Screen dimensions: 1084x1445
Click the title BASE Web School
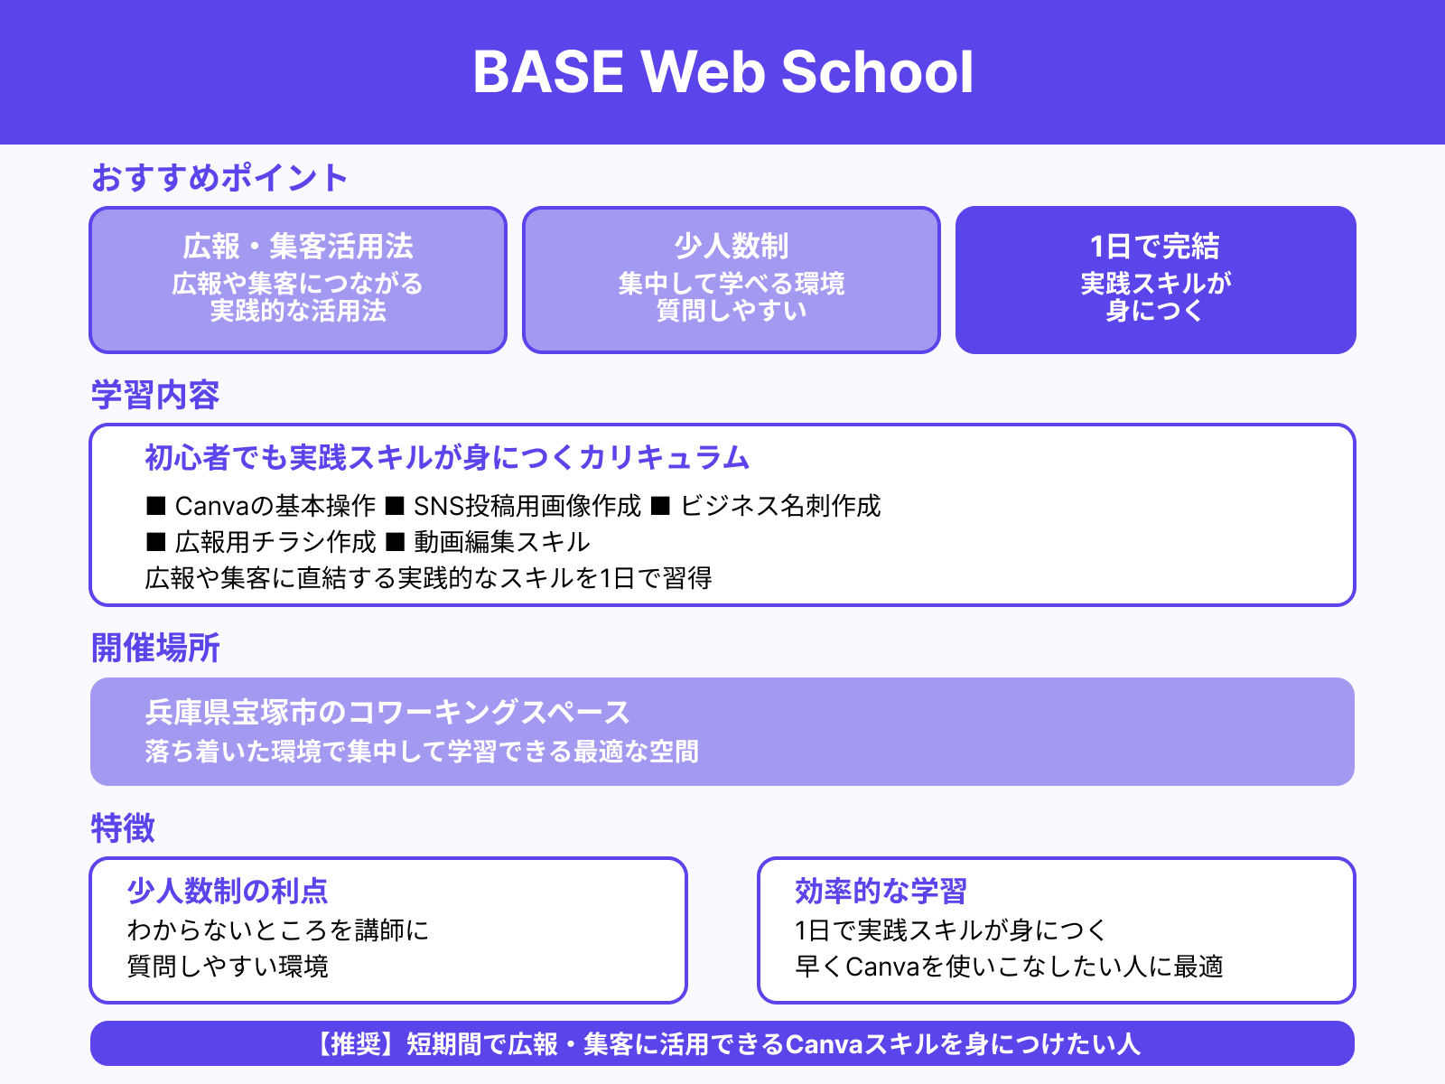(x=722, y=72)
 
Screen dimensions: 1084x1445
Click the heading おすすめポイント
(x=219, y=178)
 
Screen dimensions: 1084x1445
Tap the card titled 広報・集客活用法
(x=298, y=279)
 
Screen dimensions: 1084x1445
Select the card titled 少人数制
(x=732, y=279)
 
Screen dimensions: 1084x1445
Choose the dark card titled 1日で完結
(x=1155, y=279)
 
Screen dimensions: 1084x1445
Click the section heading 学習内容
(x=155, y=396)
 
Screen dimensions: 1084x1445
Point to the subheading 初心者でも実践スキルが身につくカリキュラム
(x=447, y=458)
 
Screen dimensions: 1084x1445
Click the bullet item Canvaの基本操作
(x=275, y=506)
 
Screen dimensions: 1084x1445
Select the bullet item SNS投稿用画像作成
(x=527, y=506)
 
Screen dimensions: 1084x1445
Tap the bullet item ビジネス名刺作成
(x=780, y=506)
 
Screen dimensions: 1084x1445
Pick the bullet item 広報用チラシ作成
(x=275, y=542)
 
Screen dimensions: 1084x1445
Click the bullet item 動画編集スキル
(x=502, y=542)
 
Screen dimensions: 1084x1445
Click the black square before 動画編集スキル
(x=395, y=542)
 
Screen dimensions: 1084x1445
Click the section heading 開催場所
(x=155, y=649)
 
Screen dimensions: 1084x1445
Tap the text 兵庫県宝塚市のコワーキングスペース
(x=387, y=713)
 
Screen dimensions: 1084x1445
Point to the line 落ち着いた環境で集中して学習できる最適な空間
(x=422, y=752)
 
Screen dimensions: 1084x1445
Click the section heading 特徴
(x=123, y=828)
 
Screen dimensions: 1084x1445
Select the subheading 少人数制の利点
(x=228, y=892)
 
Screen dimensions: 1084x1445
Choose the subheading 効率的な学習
(x=881, y=892)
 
